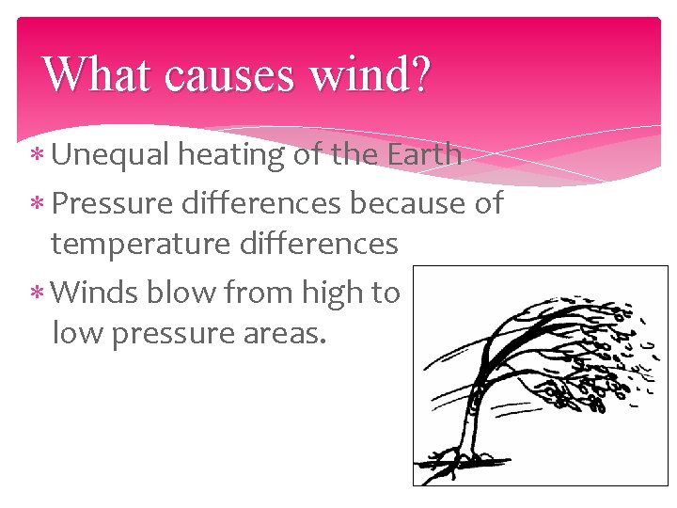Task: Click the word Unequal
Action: [x=110, y=154]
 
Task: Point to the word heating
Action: [x=232, y=155]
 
